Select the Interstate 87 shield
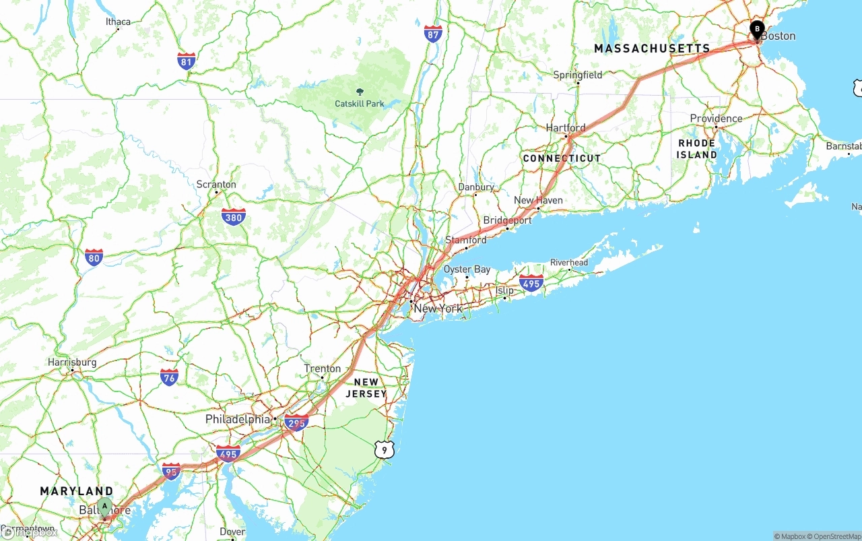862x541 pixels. click(x=433, y=34)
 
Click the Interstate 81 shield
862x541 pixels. click(x=187, y=61)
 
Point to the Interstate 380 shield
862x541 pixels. click(x=233, y=217)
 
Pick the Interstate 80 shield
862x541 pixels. click(x=94, y=257)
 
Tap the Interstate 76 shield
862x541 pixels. click(x=169, y=377)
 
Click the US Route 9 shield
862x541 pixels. click(x=383, y=449)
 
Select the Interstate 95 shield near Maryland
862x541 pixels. click(x=172, y=471)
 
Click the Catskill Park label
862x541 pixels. click(x=360, y=104)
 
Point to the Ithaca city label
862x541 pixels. click(x=118, y=22)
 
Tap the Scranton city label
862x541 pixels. click(x=216, y=185)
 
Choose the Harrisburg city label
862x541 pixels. click(x=72, y=362)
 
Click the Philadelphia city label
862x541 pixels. click(x=238, y=420)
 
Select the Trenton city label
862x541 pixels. click(x=323, y=369)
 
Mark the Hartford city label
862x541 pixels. click(x=566, y=128)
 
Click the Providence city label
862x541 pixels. click(x=716, y=119)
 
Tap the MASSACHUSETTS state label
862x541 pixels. click(x=652, y=49)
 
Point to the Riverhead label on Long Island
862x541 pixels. click(x=569, y=263)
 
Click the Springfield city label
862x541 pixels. click(x=578, y=75)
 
